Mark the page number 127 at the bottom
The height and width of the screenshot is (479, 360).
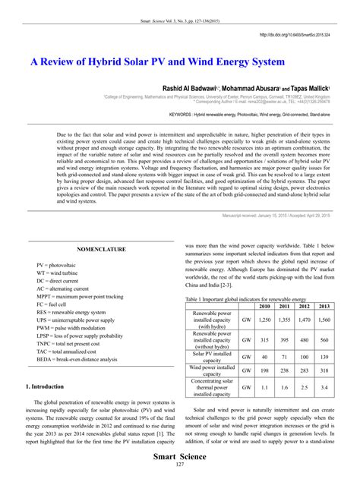(x=180, y=465)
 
